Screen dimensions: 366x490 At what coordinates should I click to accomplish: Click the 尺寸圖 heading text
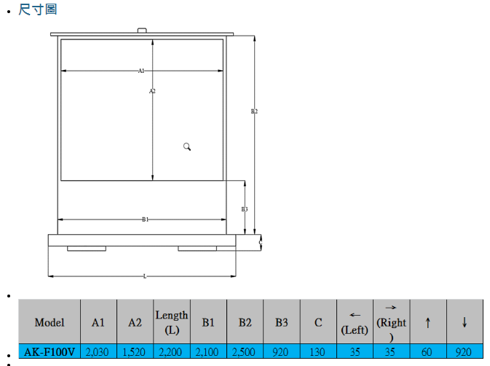coord(38,9)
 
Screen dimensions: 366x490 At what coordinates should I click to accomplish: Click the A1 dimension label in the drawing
coord(141,71)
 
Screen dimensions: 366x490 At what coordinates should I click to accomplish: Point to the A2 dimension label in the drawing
coord(152,91)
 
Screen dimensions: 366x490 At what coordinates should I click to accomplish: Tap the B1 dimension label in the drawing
coord(145,219)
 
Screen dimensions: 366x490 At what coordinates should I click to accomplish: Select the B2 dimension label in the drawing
coord(254,112)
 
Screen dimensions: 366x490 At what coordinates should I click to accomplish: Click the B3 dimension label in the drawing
coord(245,209)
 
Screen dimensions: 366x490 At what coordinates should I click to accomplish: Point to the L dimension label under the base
coord(145,276)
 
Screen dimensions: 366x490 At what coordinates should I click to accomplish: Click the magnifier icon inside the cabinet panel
coord(187,147)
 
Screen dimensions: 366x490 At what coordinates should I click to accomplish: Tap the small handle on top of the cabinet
coord(142,31)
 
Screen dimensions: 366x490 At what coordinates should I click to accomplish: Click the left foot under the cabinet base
coord(86,249)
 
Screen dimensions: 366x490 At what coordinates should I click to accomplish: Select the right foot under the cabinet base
coord(197,249)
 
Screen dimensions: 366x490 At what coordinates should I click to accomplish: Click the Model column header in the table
coord(50,322)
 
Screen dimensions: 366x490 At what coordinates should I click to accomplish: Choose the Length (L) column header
coord(172,322)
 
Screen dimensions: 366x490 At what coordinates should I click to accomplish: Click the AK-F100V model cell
coord(50,352)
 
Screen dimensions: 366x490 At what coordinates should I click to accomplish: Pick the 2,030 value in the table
coord(98,352)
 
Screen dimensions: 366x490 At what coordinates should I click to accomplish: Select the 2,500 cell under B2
coord(245,352)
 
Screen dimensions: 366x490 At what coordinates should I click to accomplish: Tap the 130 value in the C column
coord(317,352)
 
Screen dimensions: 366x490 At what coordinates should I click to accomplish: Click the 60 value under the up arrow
coord(427,352)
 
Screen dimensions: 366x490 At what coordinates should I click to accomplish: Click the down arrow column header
coord(464,322)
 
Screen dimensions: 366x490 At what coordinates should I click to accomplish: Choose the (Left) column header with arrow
coord(355,322)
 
